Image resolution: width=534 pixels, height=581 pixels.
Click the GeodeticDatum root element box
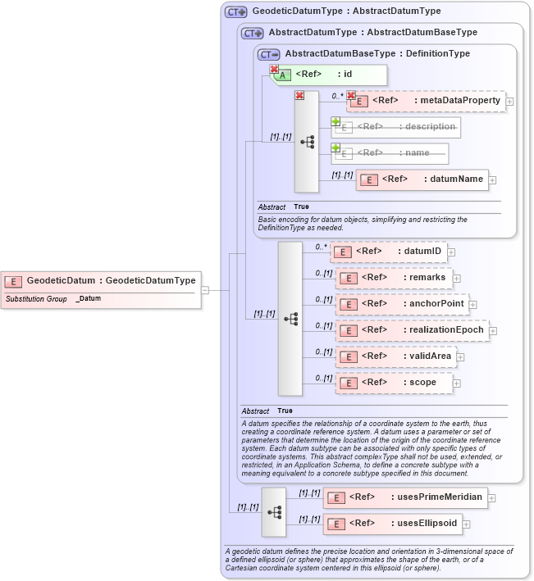click(x=101, y=281)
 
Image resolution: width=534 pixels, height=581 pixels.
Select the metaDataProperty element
click(x=427, y=101)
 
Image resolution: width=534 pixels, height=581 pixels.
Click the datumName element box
click(x=422, y=179)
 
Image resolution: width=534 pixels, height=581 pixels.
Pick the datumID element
click(x=387, y=252)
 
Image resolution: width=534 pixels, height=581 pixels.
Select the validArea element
click(x=395, y=356)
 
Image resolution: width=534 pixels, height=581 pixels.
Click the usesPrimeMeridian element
click(x=405, y=497)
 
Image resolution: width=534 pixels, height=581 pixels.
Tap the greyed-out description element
click(x=396, y=127)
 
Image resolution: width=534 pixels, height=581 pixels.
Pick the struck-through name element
click(x=390, y=153)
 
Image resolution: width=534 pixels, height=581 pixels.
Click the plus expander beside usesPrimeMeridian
click(x=492, y=497)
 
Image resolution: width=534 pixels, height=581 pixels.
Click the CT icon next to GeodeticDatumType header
click(x=236, y=11)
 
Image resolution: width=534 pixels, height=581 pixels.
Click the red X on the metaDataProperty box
click(x=351, y=95)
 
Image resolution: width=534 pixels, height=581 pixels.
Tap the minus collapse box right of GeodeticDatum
click(x=205, y=289)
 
